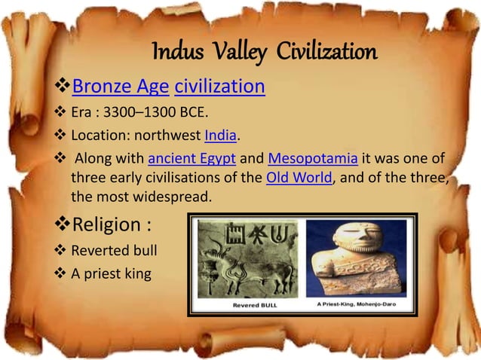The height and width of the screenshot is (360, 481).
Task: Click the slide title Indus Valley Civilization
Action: tap(264, 53)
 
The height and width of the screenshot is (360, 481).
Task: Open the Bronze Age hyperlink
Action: tap(120, 87)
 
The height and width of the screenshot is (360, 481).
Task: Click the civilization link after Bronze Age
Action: tap(219, 87)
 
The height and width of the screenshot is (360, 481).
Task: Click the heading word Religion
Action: tap(105, 225)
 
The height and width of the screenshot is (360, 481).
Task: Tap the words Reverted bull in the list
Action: tap(114, 250)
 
